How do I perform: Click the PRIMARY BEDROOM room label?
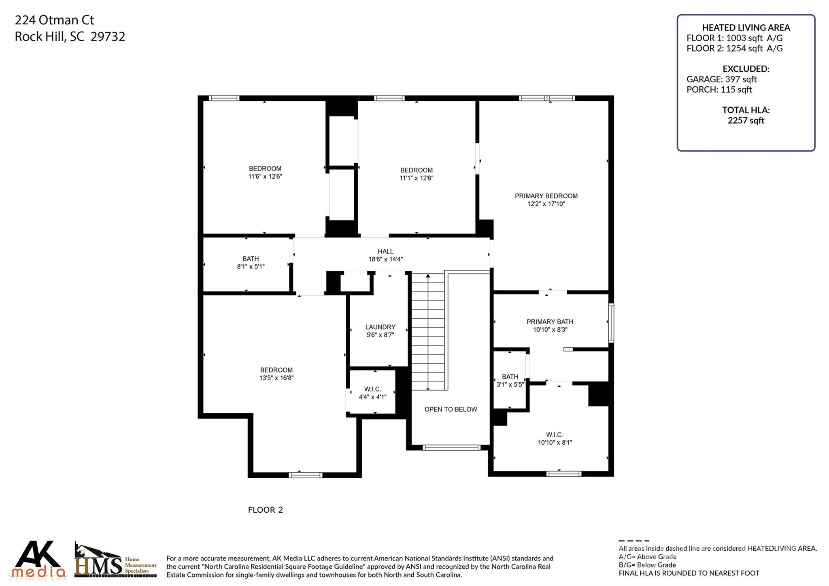point(546,196)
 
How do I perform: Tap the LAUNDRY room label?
point(380,327)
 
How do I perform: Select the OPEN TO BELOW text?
point(451,409)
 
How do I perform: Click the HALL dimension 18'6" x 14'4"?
point(385,260)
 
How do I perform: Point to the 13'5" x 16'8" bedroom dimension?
point(276,378)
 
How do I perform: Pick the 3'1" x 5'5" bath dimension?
point(510,384)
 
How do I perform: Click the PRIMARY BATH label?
point(550,322)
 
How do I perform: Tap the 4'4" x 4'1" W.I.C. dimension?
point(372,397)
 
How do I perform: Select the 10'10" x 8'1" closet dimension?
point(555,443)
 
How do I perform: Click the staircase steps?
point(428,332)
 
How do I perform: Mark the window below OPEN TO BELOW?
point(451,447)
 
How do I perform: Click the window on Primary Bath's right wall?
point(611,323)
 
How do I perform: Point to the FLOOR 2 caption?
point(265,510)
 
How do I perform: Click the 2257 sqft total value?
point(746,120)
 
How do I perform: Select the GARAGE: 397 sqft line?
point(721,79)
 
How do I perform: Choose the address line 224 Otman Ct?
point(55,20)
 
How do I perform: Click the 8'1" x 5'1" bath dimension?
point(251,266)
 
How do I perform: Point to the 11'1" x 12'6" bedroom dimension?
point(416,178)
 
